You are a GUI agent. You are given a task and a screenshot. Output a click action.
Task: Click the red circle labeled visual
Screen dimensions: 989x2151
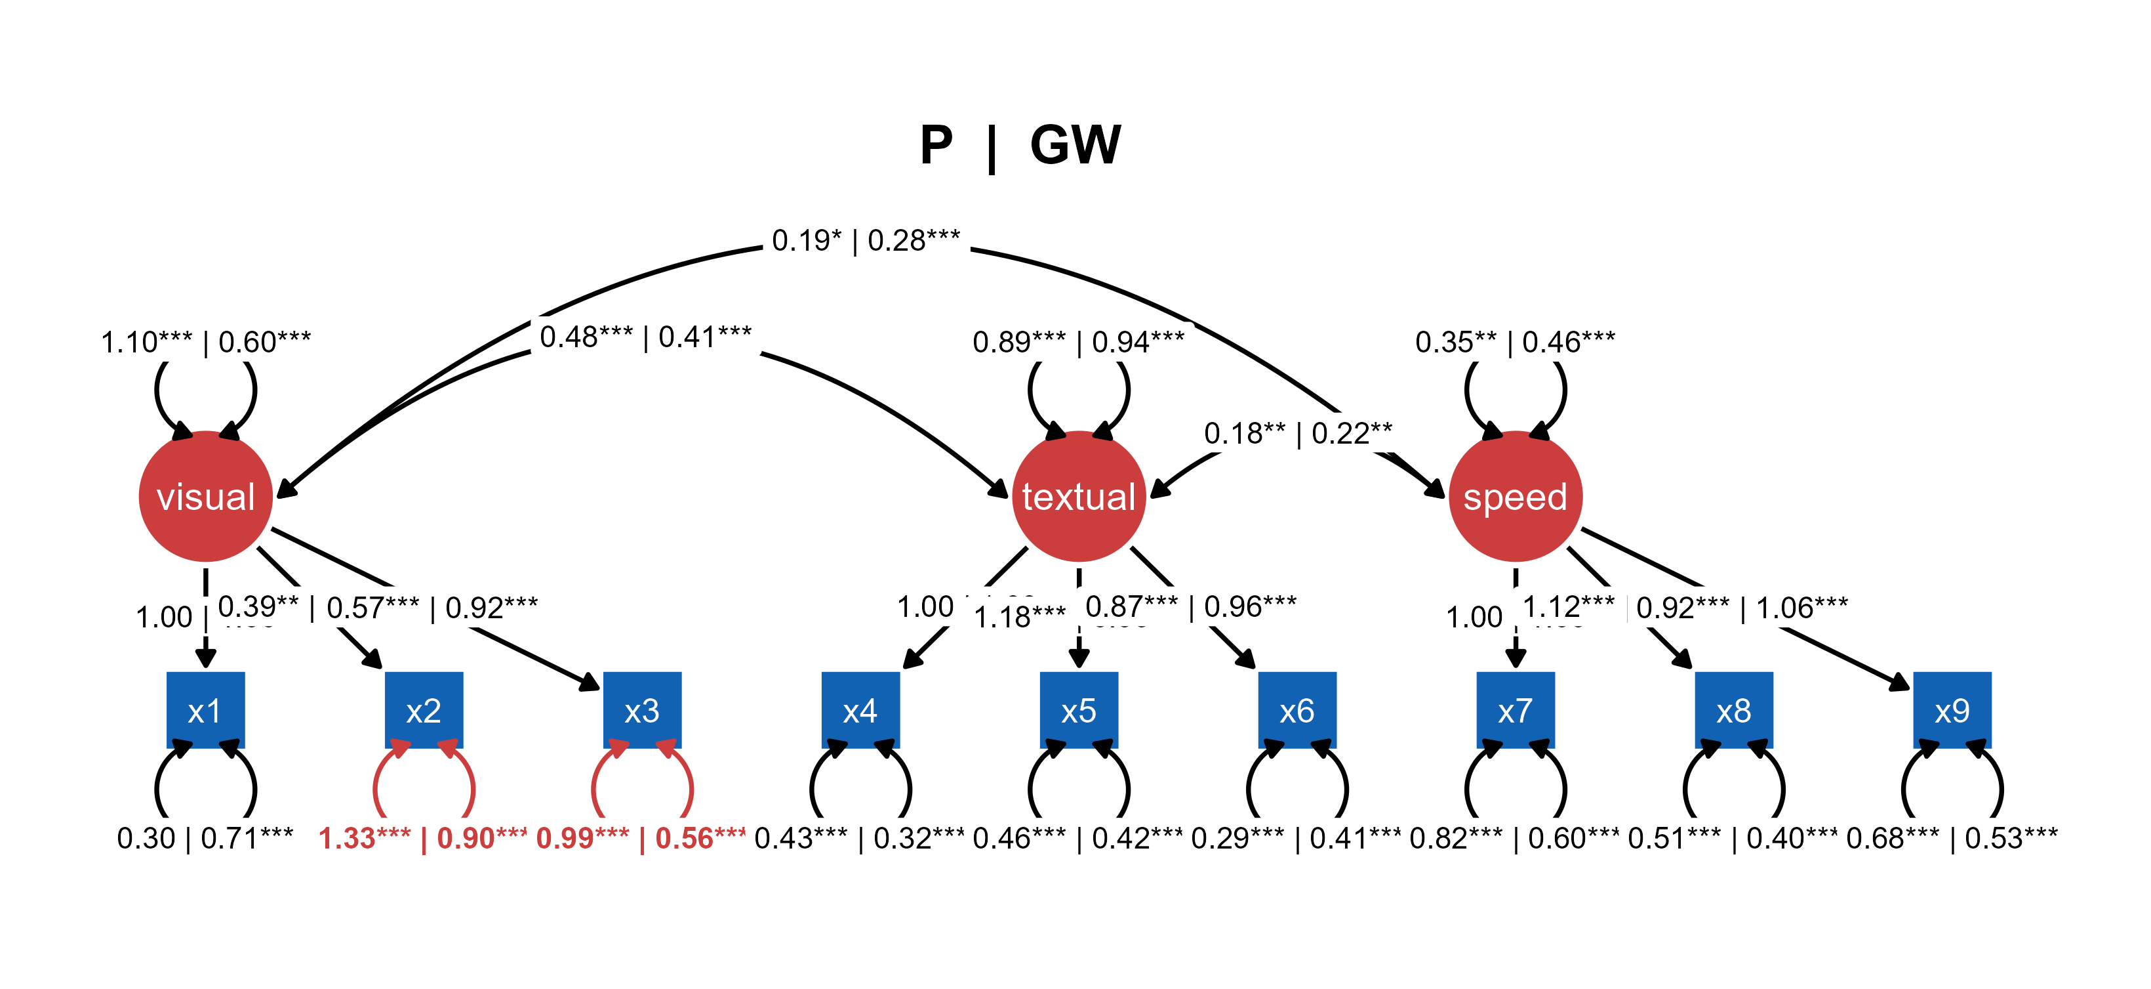pos(205,496)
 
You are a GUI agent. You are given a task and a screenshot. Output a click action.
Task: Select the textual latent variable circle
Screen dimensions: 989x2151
pos(1079,496)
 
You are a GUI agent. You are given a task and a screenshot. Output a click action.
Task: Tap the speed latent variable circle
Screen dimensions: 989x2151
pos(1516,496)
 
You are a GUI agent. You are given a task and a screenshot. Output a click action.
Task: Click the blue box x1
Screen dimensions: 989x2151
pos(205,710)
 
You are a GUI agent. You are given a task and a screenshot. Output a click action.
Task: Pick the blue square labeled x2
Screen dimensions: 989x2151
pos(424,710)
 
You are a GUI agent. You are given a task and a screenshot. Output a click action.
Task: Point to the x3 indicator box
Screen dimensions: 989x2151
pos(642,710)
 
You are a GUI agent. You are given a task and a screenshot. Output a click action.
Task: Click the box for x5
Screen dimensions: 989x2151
pos(1079,710)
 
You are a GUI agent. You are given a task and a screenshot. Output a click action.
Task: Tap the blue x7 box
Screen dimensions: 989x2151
pos(1516,710)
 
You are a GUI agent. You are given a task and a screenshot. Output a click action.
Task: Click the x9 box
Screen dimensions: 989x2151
pos(1952,710)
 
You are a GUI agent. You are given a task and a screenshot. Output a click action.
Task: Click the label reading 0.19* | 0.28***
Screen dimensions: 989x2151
pos(866,241)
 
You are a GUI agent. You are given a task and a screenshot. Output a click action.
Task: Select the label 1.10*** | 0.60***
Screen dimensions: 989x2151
pos(205,342)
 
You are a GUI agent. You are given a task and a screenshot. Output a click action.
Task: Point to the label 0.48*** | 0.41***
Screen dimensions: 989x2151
pos(645,337)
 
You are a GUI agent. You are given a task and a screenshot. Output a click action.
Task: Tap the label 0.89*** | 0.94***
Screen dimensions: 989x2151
pos(1079,342)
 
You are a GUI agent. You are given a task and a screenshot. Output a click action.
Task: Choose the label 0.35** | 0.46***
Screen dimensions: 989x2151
pos(1516,342)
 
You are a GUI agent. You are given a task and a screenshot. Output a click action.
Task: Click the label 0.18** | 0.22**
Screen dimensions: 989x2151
pos(1298,432)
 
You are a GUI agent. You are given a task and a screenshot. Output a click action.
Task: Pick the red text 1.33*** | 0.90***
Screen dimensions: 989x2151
pos(422,838)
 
